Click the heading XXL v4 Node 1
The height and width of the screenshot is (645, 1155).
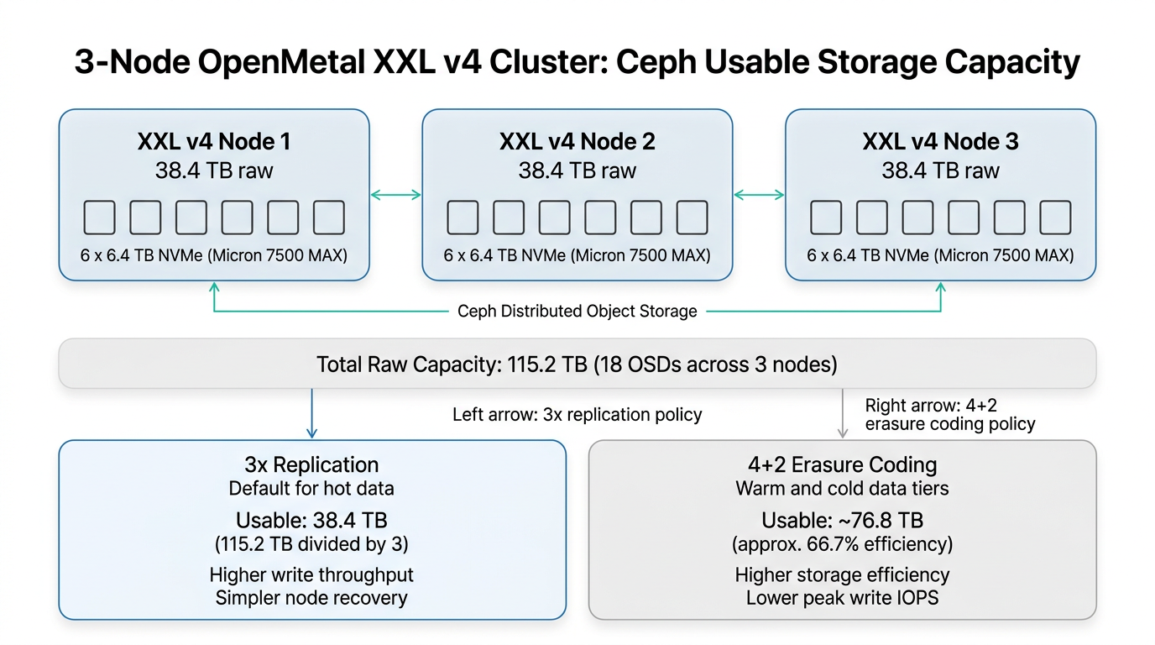214,141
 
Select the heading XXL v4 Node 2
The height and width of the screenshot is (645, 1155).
577,141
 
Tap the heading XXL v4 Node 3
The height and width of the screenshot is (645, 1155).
940,141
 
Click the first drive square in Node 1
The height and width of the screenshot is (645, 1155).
100,218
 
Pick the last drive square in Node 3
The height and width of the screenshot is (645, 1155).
1055,218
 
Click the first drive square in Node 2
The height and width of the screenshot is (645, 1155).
463,218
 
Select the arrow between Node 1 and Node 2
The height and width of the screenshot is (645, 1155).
395,195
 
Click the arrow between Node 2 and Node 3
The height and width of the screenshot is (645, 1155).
759,195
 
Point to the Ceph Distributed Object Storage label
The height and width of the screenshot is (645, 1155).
577,312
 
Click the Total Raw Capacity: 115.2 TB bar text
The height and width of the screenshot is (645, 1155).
577,364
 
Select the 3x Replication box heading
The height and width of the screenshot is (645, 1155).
311,464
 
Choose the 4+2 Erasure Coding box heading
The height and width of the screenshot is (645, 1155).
842,464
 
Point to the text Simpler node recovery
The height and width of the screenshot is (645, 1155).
311,598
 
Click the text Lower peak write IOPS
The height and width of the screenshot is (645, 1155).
842,598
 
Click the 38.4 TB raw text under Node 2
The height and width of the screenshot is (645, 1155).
577,170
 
